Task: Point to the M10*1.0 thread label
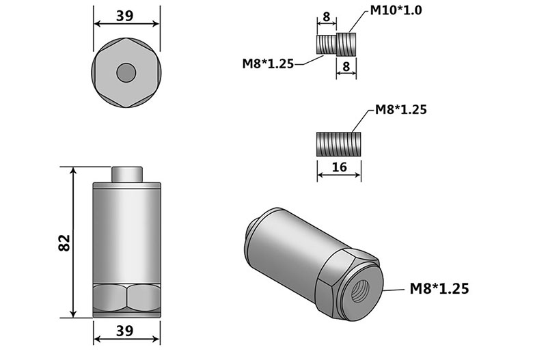396,10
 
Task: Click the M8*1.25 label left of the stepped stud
267,64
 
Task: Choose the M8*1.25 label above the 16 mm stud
400,109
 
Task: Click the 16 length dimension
339,167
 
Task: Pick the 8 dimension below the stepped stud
346,66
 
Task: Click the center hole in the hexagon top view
126,72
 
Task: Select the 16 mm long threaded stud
339,143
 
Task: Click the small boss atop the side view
126,174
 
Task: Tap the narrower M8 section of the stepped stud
327,45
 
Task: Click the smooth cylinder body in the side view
126,232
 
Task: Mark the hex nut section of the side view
126,298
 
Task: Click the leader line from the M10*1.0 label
359,20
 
